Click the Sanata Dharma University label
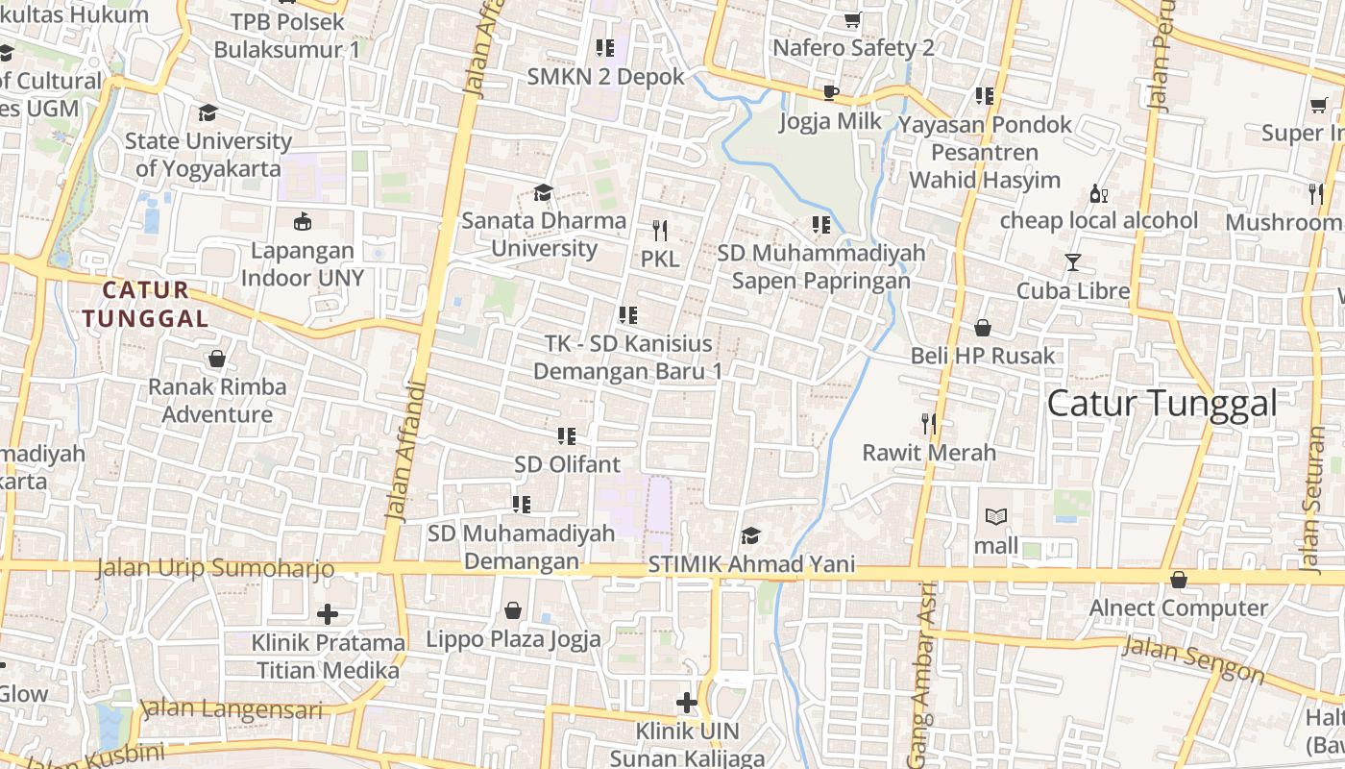click(544, 235)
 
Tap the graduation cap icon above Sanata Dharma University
click(543, 193)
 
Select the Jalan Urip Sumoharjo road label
click(215, 568)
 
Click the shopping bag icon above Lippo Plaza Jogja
click(513, 610)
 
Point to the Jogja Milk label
click(830, 121)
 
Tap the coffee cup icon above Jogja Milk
click(831, 93)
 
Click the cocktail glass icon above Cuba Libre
click(1072, 262)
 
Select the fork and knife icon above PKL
click(659, 231)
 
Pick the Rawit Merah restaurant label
click(929, 452)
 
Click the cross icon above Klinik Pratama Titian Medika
click(328, 613)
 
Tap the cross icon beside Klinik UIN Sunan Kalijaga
click(686, 704)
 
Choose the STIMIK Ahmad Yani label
click(751, 564)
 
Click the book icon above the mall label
click(996, 517)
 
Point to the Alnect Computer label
click(1178, 608)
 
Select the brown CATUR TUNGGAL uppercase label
click(146, 304)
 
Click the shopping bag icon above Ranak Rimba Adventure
click(217, 360)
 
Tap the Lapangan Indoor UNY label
click(303, 264)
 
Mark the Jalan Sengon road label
click(1193, 659)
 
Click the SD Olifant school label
click(567, 464)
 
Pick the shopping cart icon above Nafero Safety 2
click(852, 20)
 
